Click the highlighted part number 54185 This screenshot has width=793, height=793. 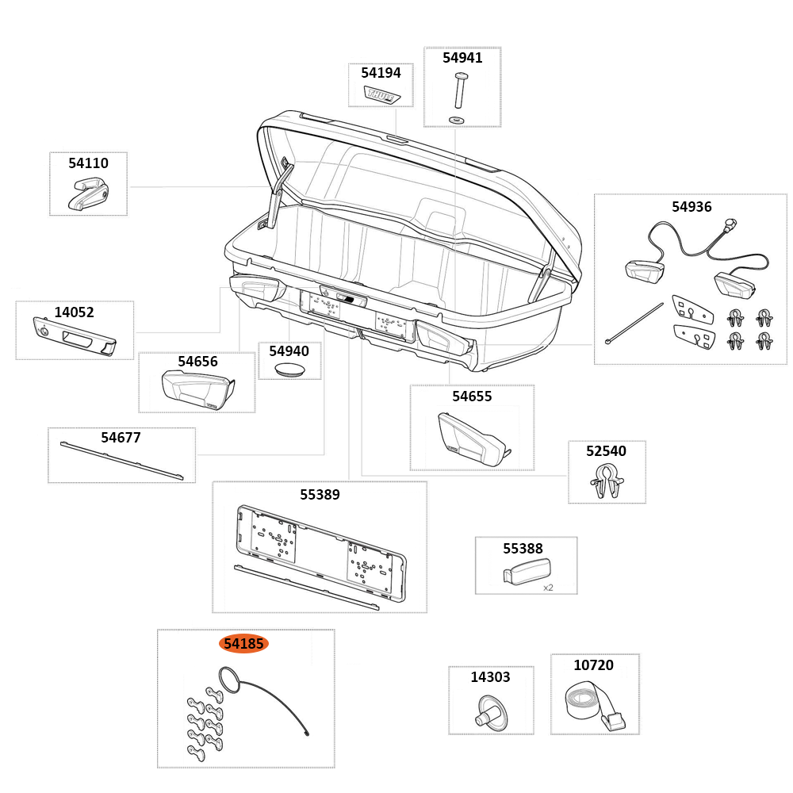pyautogui.click(x=243, y=644)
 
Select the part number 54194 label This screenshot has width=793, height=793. pyautogui.click(x=381, y=73)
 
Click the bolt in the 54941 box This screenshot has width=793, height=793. pyautogui.click(x=459, y=90)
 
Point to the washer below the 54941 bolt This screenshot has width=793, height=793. pyautogui.click(x=457, y=119)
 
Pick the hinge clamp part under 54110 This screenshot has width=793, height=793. pyautogui.click(x=87, y=193)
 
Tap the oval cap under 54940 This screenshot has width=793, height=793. pyautogui.click(x=289, y=370)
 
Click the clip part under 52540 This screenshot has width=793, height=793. pyautogui.click(x=607, y=481)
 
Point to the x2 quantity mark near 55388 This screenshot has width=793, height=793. pyautogui.click(x=548, y=588)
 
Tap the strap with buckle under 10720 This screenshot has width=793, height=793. pyautogui.click(x=594, y=706)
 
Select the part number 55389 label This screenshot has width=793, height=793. pyautogui.click(x=320, y=495)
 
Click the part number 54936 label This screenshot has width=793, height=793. pyautogui.click(x=691, y=207)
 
